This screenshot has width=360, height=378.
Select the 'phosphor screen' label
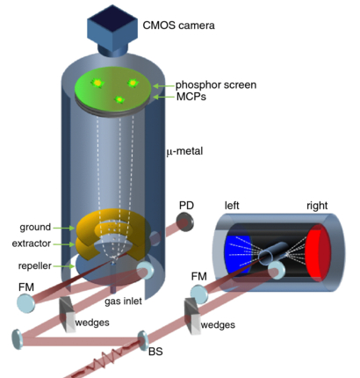point(215,84)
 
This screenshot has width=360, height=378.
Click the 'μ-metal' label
point(191,151)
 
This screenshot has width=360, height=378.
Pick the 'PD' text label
point(185,205)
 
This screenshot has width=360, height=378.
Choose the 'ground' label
point(34,226)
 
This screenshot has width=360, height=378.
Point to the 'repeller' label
point(33,265)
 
